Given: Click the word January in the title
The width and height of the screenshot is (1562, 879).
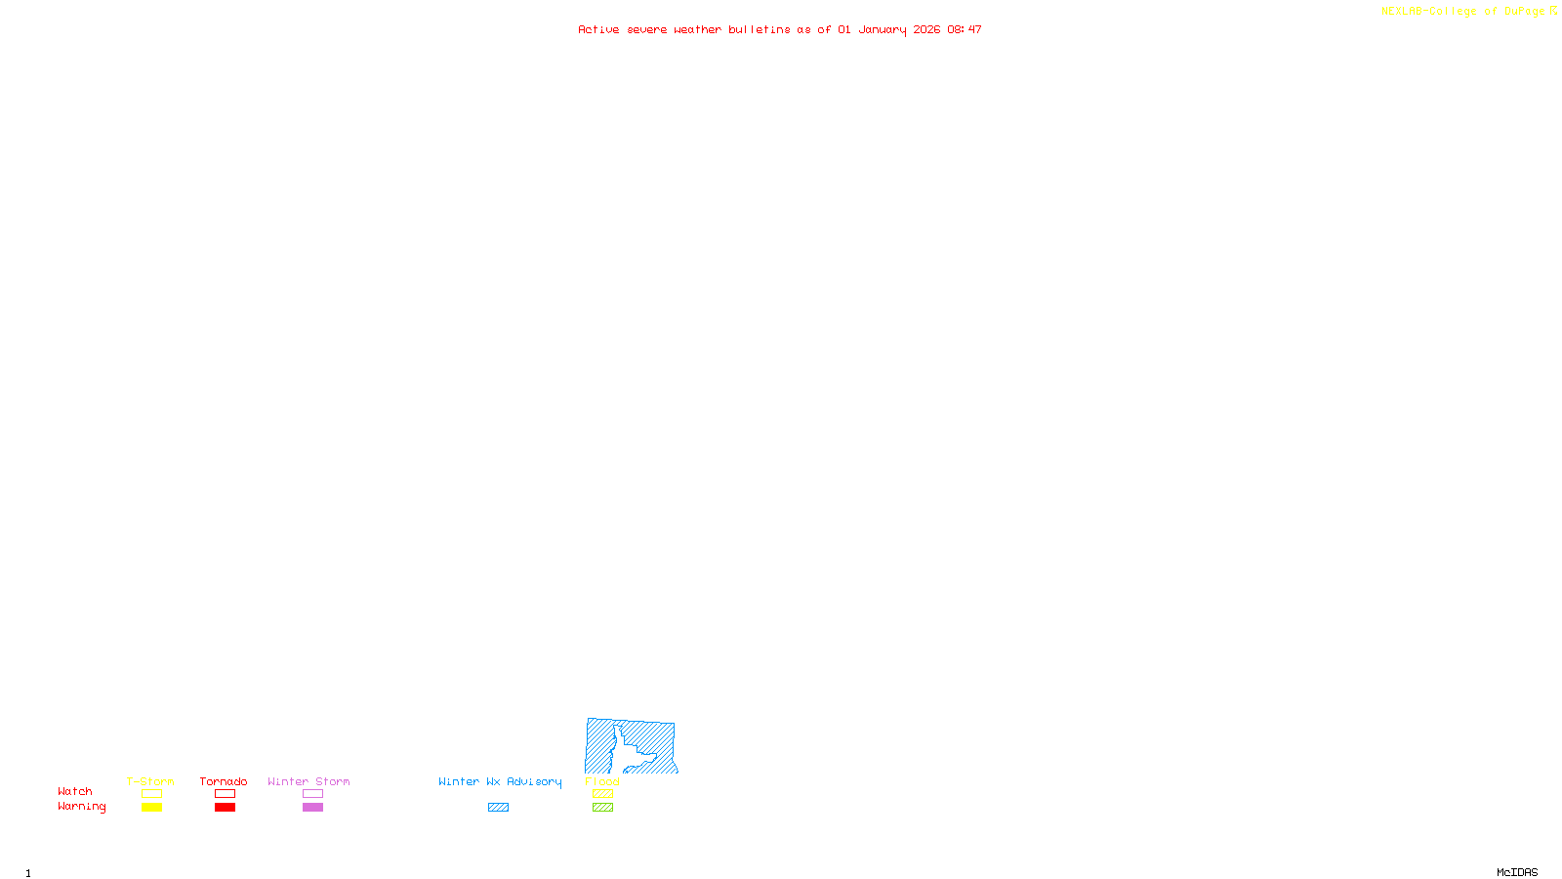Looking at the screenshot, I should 882,29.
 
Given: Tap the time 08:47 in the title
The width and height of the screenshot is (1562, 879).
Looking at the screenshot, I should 964,29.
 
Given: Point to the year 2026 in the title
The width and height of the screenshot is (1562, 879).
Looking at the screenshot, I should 926,29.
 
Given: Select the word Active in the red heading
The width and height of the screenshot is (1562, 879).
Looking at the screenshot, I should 597,29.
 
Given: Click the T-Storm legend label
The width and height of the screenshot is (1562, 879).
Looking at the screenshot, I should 150,781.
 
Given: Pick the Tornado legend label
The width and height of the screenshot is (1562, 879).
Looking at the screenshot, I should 224,781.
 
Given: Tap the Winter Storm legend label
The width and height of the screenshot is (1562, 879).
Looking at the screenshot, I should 308,781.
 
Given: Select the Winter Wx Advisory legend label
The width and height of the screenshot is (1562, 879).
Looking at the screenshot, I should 500,781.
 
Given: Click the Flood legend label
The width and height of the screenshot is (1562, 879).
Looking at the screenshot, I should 602,781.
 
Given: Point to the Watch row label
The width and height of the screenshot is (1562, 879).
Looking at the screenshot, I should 75,791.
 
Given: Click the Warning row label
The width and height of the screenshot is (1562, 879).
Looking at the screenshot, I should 81,807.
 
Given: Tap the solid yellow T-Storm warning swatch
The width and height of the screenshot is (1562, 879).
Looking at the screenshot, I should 151,808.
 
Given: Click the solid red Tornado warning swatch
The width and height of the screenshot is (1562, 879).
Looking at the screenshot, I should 225,808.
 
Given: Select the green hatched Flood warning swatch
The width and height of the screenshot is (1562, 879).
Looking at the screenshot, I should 602,808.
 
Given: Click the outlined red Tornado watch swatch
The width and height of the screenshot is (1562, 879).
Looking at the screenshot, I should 225,794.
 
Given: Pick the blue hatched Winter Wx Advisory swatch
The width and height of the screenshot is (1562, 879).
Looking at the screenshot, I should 498,808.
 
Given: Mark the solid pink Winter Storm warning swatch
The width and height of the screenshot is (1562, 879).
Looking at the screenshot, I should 312,808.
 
